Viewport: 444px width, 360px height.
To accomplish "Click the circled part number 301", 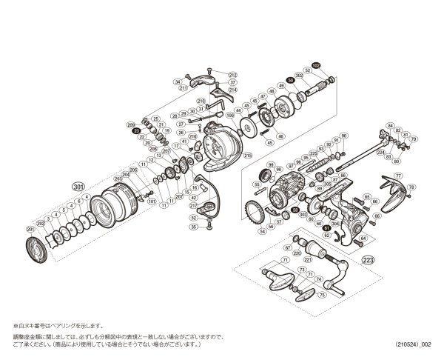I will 79,185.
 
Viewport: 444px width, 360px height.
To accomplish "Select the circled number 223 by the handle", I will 368,259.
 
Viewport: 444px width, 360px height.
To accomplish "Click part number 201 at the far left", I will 30,230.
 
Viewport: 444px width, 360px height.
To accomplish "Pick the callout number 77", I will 398,176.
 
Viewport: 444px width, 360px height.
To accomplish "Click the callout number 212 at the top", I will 232,75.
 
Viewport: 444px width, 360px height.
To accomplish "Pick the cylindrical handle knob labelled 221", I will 311,249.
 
